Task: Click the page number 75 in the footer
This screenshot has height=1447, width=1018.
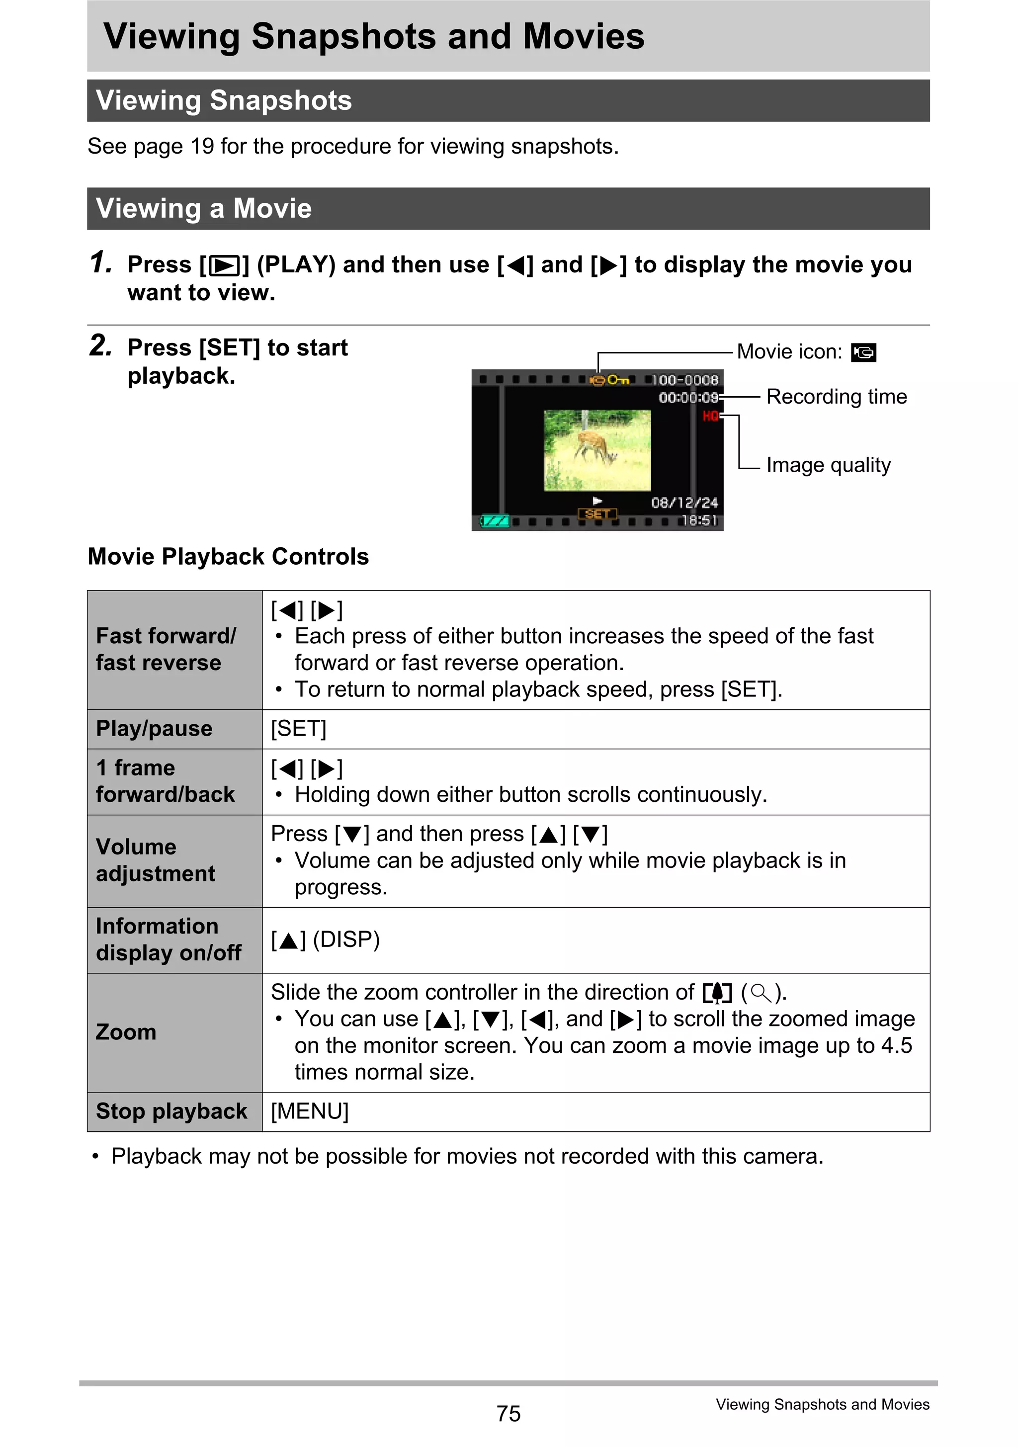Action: (x=508, y=1414)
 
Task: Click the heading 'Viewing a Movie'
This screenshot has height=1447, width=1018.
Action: (x=204, y=209)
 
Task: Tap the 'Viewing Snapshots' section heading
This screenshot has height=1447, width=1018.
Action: (x=224, y=101)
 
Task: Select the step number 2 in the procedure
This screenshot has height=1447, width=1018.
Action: (x=100, y=345)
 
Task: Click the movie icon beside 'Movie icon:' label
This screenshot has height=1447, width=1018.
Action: (x=863, y=352)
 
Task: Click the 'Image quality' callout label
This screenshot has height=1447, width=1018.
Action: (x=828, y=465)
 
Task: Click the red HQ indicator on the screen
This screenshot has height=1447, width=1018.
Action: (x=710, y=416)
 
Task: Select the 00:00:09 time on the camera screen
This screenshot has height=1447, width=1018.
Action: (x=688, y=398)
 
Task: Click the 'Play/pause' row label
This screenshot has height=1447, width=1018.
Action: (x=154, y=729)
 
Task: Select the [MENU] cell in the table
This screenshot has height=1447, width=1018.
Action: (x=310, y=1111)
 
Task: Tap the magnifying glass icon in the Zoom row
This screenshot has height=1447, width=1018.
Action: (x=762, y=993)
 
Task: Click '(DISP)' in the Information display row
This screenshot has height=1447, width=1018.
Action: (x=346, y=939)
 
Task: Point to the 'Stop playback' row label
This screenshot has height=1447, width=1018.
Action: (x=171, y=1111)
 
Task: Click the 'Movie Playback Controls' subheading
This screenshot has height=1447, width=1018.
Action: (x=228, y=557)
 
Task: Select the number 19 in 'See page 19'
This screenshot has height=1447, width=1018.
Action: (x=202, y=146)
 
